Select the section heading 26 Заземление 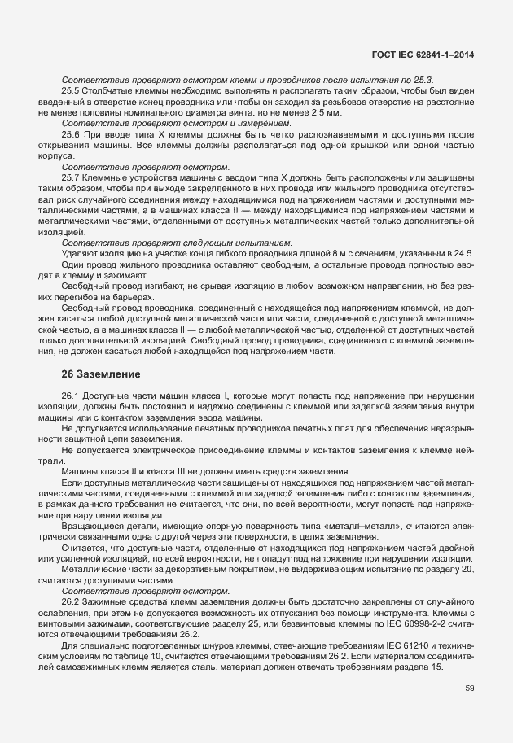coord(102,374)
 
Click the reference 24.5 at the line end coord(463,255)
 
